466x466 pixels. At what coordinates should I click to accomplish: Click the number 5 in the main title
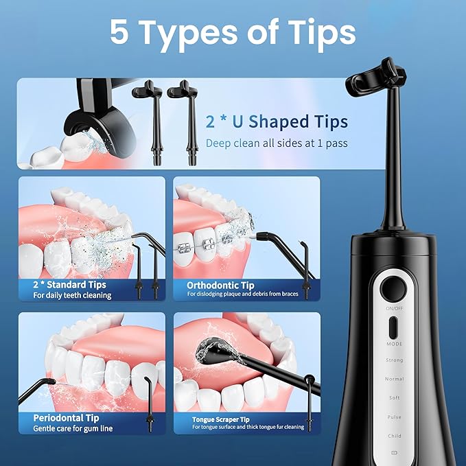coord(119,32)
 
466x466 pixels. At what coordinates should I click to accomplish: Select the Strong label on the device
coord(394,360)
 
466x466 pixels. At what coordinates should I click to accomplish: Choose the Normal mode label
coord(394,379)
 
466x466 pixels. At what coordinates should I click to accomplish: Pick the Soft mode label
coord(394,398)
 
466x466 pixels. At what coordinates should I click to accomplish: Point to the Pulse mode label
coord(394,417)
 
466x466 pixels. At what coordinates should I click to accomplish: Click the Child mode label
coord(394,436)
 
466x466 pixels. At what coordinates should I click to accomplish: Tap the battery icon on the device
coord(394,453)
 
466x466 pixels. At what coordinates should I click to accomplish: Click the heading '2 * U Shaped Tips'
coord(277,122)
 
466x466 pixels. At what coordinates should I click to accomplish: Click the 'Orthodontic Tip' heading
coord(220,284)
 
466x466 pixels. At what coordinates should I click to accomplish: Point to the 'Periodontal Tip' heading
coord(66,417)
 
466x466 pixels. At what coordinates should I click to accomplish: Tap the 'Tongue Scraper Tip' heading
coord(220,419)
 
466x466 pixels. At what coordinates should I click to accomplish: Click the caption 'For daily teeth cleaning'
coord(72,295)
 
